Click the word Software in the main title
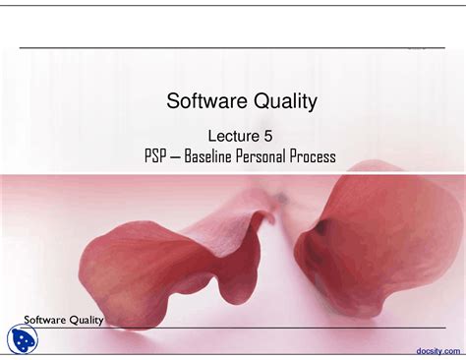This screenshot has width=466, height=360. [201, 100]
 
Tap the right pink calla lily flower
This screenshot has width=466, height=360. [374, 241]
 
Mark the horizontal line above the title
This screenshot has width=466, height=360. [226, 48]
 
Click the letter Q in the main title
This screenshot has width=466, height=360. [253, 100]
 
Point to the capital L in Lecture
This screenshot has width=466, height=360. [212, 134]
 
